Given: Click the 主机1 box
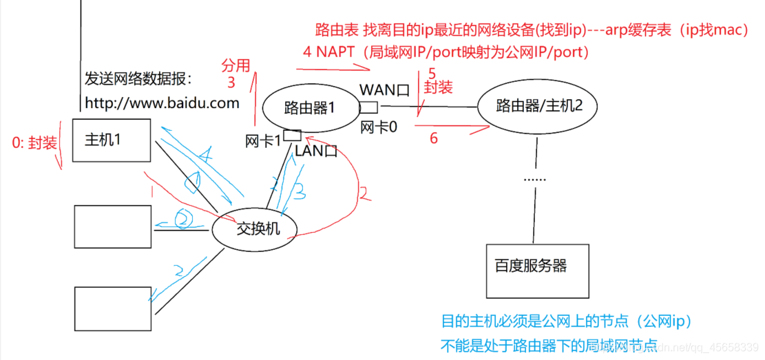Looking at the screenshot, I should pos(110,140).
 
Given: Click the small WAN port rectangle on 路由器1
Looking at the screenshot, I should pos(368,107).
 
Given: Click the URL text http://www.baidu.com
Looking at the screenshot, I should pos(162,103).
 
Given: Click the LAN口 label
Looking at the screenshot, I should pos(316,151).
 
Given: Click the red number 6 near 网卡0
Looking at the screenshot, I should pos(433,138).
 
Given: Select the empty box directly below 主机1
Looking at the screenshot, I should pos(112,226).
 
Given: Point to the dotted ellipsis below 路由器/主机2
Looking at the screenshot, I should pos(534,178).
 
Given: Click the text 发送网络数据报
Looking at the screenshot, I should pos(138,79).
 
